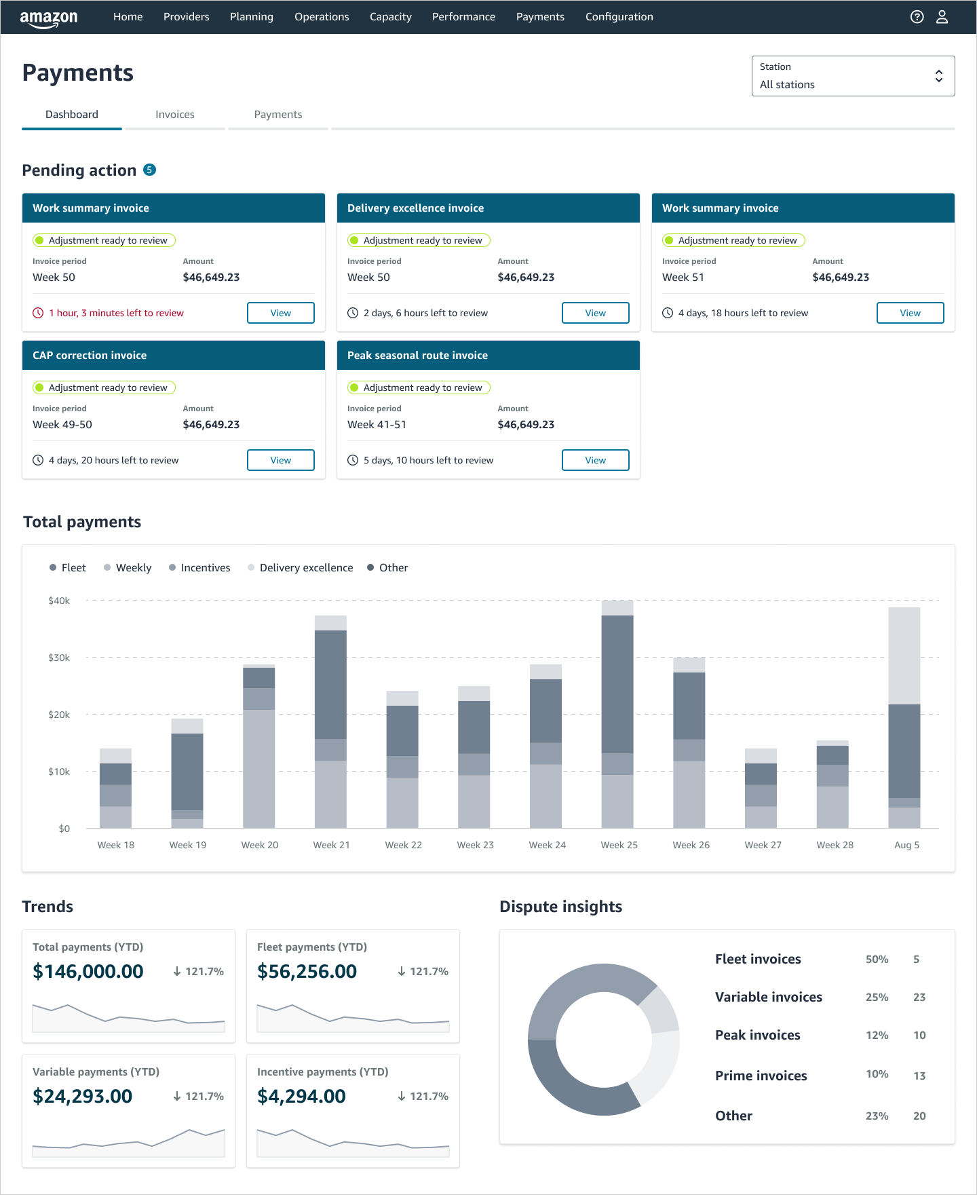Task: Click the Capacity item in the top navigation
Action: coord(390,17)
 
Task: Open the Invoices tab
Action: coord(174,115)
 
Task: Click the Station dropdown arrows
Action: coord(938,76)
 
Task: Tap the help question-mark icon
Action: coord(917,17)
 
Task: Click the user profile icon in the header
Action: coord(942,17)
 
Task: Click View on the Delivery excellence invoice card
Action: coord(595,313)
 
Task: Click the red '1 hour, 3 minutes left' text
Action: coord(116,313)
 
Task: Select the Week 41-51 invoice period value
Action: coord(377,424)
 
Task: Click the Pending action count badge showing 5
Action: coord(150,170)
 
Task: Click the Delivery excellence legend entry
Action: coord(306,567)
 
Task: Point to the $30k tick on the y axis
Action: coord(59,658)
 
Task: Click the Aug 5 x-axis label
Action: coord(906,845)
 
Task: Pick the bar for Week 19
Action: coord(187,774)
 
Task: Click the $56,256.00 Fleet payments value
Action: coord(307,971)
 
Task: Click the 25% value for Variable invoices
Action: coord(877,997)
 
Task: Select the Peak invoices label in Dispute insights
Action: coord(757,1035)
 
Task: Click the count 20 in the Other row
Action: coord(919,1116)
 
